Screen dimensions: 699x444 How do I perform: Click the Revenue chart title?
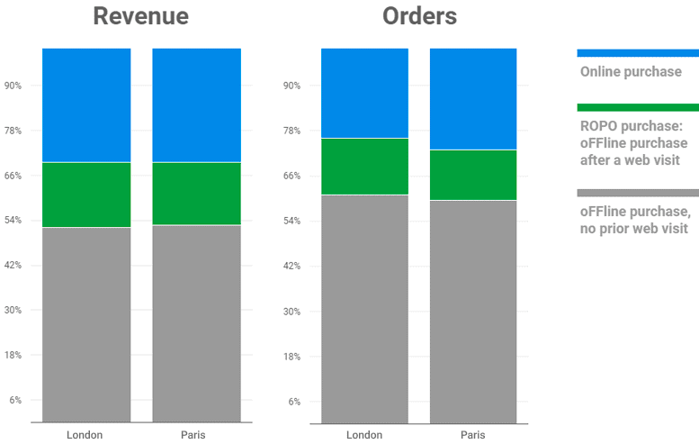pyautogui.click(x=141, y=16)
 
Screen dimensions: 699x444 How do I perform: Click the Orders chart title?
pyautogui.click(x=419, y=16)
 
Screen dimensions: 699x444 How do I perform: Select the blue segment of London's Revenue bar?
pyautogui.click(x=86, y=104)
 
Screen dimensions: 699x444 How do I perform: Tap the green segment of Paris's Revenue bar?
pyautogui.click(x=197, y=194)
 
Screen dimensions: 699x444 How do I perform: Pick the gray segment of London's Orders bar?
pyautogui.click(x=364, y=309)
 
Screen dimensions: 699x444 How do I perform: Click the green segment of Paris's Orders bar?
pyautogui.click(x=473, y=175)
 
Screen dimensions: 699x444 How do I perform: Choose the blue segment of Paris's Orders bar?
pyautogui.click(x=473, y=99)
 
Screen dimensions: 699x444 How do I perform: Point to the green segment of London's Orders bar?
pyautogui.click(x=364, y=167)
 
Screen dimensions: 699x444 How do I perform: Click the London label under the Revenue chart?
pyautogui.click(x=85, y=435)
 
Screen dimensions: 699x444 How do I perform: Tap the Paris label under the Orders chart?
pyautogui.click(x=473, y=435)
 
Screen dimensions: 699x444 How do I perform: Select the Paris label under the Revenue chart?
pyautogui.click(x=193, y=435)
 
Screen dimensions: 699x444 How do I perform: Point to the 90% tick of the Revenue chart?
pyautogui.click(x=13, y=86)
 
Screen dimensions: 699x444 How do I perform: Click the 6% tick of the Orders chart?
pyautogui.click(x=294, y=402)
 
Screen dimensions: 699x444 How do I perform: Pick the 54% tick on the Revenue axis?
pyautogui.click(x=13, y=220)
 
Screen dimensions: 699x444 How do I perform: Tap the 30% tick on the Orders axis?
pyautogui.click(x=292, y=312)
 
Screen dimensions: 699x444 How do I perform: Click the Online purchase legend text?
pyautogui.click(x=631, y=72)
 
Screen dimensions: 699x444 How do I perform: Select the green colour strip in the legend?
pyautogui.click(x=638, y=107)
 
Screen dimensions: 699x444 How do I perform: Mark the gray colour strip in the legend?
pyautogui.click(x=638, y=193)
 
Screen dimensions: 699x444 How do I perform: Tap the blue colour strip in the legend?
pyautogui.click(x=638, y=53)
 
